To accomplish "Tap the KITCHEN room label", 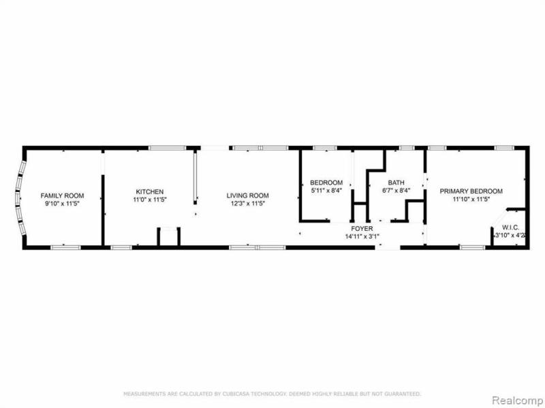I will (x=149, y=191).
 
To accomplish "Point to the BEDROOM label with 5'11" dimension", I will (x=326, y=183).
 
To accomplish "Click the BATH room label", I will (x=396, y=183).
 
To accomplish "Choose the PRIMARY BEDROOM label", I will (x=471, y=191).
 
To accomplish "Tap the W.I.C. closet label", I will (x=512, y=227).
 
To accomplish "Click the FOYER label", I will (x=362, y=228).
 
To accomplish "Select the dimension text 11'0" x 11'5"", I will (x=149, y=200).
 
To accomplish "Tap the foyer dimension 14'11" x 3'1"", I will (x=362, y=236).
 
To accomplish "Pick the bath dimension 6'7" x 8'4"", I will (x=396, y=191).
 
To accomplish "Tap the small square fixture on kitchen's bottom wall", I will (x=168, y=236).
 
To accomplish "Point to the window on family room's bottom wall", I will (x=65, y=246).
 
